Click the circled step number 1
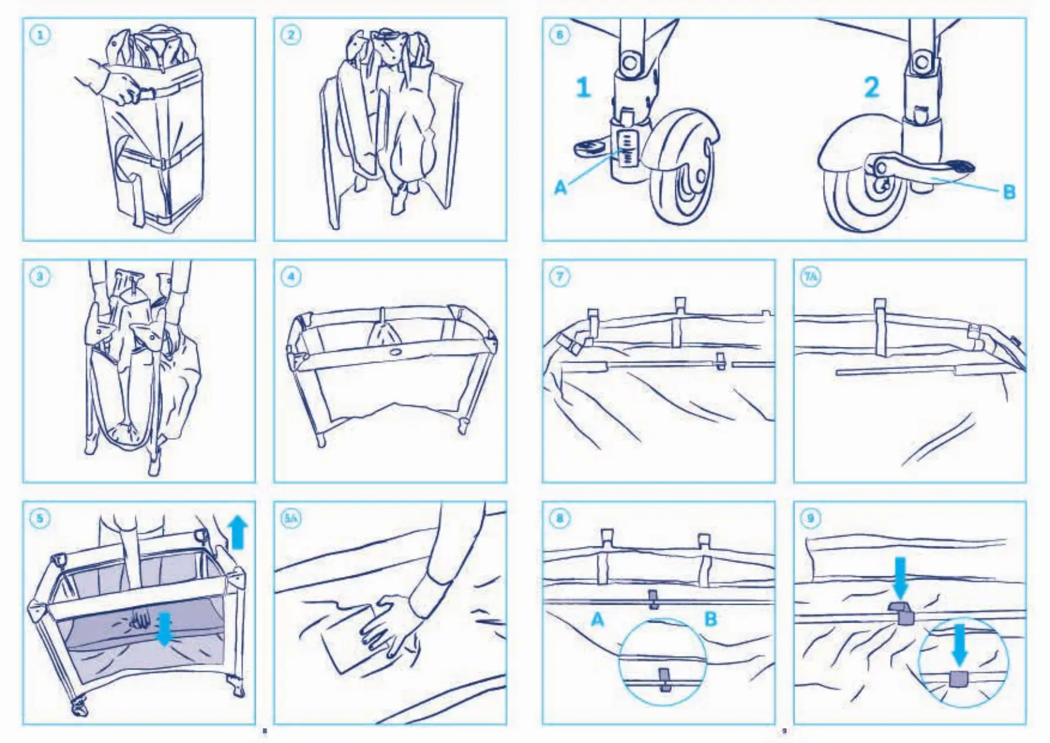tap(41, 35)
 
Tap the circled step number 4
tap(291, 276)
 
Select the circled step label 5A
tap(291, 518)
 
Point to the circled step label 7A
tap(811, 276)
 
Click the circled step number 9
tap(811, 518)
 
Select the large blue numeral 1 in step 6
tap(583, 87)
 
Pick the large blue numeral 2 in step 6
tap(871, 87)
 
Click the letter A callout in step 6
tap(561, 187)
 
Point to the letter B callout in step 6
tap(1009, 192)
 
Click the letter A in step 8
tap(597, 619)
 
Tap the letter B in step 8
tap(710, 619)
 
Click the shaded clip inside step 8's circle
tap(665, 679)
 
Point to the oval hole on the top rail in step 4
tap(395, 352)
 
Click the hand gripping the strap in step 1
tap(125, 87)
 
